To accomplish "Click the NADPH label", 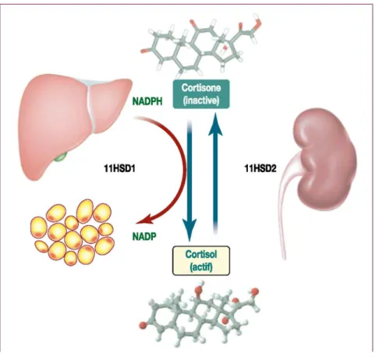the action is click(147, 101).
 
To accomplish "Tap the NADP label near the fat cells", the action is click(144, 236).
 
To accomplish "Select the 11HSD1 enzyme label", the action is click(119, 169).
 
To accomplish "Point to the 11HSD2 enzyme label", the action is click(260, 169).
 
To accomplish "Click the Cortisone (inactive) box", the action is click(201, 94).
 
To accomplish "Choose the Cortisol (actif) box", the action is click(201, 260).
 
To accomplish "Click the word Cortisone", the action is click(201, 88).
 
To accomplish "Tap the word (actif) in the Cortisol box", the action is click(201, 267).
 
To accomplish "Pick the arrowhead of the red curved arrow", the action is click(143, 221).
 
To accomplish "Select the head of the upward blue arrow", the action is click(215, 123).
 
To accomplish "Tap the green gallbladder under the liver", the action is click(62, 157).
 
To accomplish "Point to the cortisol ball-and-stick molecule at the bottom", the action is click(200, 316).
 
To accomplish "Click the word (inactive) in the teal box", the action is click(201, 101).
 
